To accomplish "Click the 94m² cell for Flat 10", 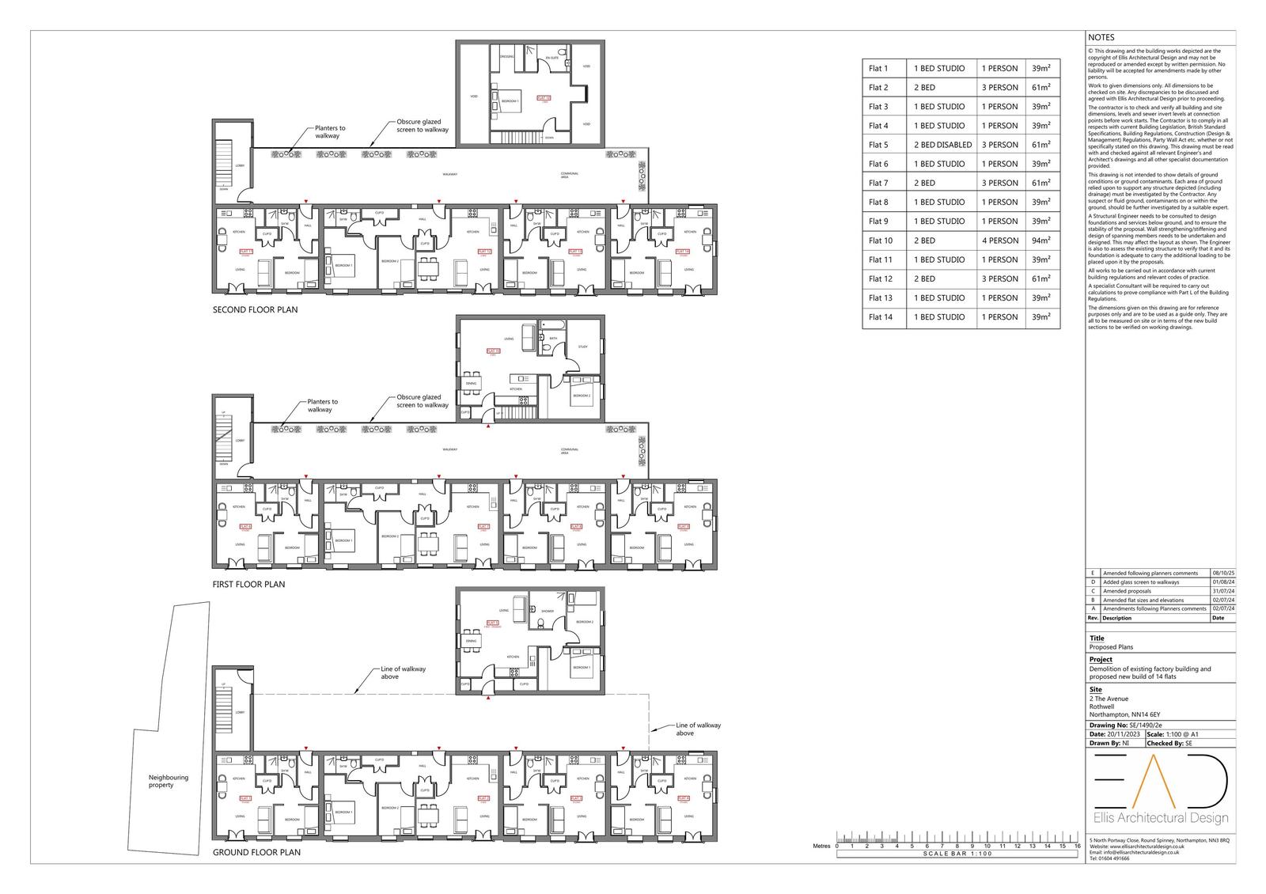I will [1041, 241].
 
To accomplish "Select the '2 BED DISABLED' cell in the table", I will [940, 145].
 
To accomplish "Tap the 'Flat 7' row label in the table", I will [878, 183].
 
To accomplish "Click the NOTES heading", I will [1101, 37].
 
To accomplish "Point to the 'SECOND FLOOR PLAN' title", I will [255, 310].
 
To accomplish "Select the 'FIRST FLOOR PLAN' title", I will [248, 585].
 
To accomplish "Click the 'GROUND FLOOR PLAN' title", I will [256, 853].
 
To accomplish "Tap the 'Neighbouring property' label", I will [169, 781].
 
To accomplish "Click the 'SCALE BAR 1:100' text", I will [957, 854].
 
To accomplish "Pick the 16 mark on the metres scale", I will [1077, 846].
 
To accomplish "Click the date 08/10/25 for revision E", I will [1223, 573].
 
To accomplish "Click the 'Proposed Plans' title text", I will [1110, 646].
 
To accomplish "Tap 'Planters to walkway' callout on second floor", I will [330, 132].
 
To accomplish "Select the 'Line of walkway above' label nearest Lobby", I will [403, 672].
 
